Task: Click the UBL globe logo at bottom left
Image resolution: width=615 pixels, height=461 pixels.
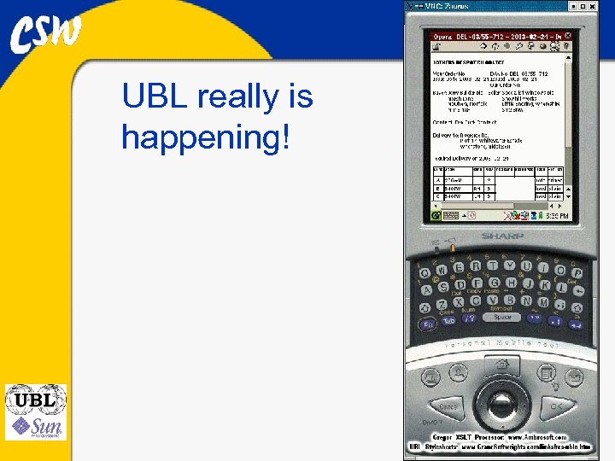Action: pyautogui.click(x=35, y=400)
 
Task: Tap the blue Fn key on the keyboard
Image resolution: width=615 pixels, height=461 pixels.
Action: pyautogui.click(x=427, y=324)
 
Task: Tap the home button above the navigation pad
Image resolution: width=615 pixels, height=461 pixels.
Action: pyautogui.click(x=502, y=365)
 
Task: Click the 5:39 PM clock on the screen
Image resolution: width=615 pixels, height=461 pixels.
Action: pyautogui.click(x=554, y=217)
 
